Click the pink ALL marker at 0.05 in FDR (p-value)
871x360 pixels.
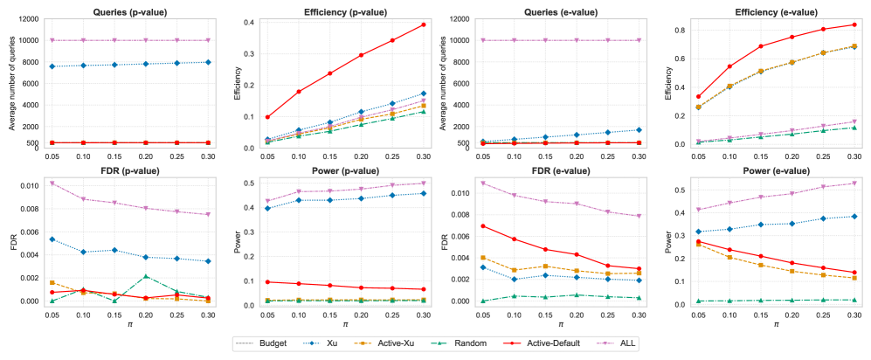point(52,183)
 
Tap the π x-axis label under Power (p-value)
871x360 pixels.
point(337,324)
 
